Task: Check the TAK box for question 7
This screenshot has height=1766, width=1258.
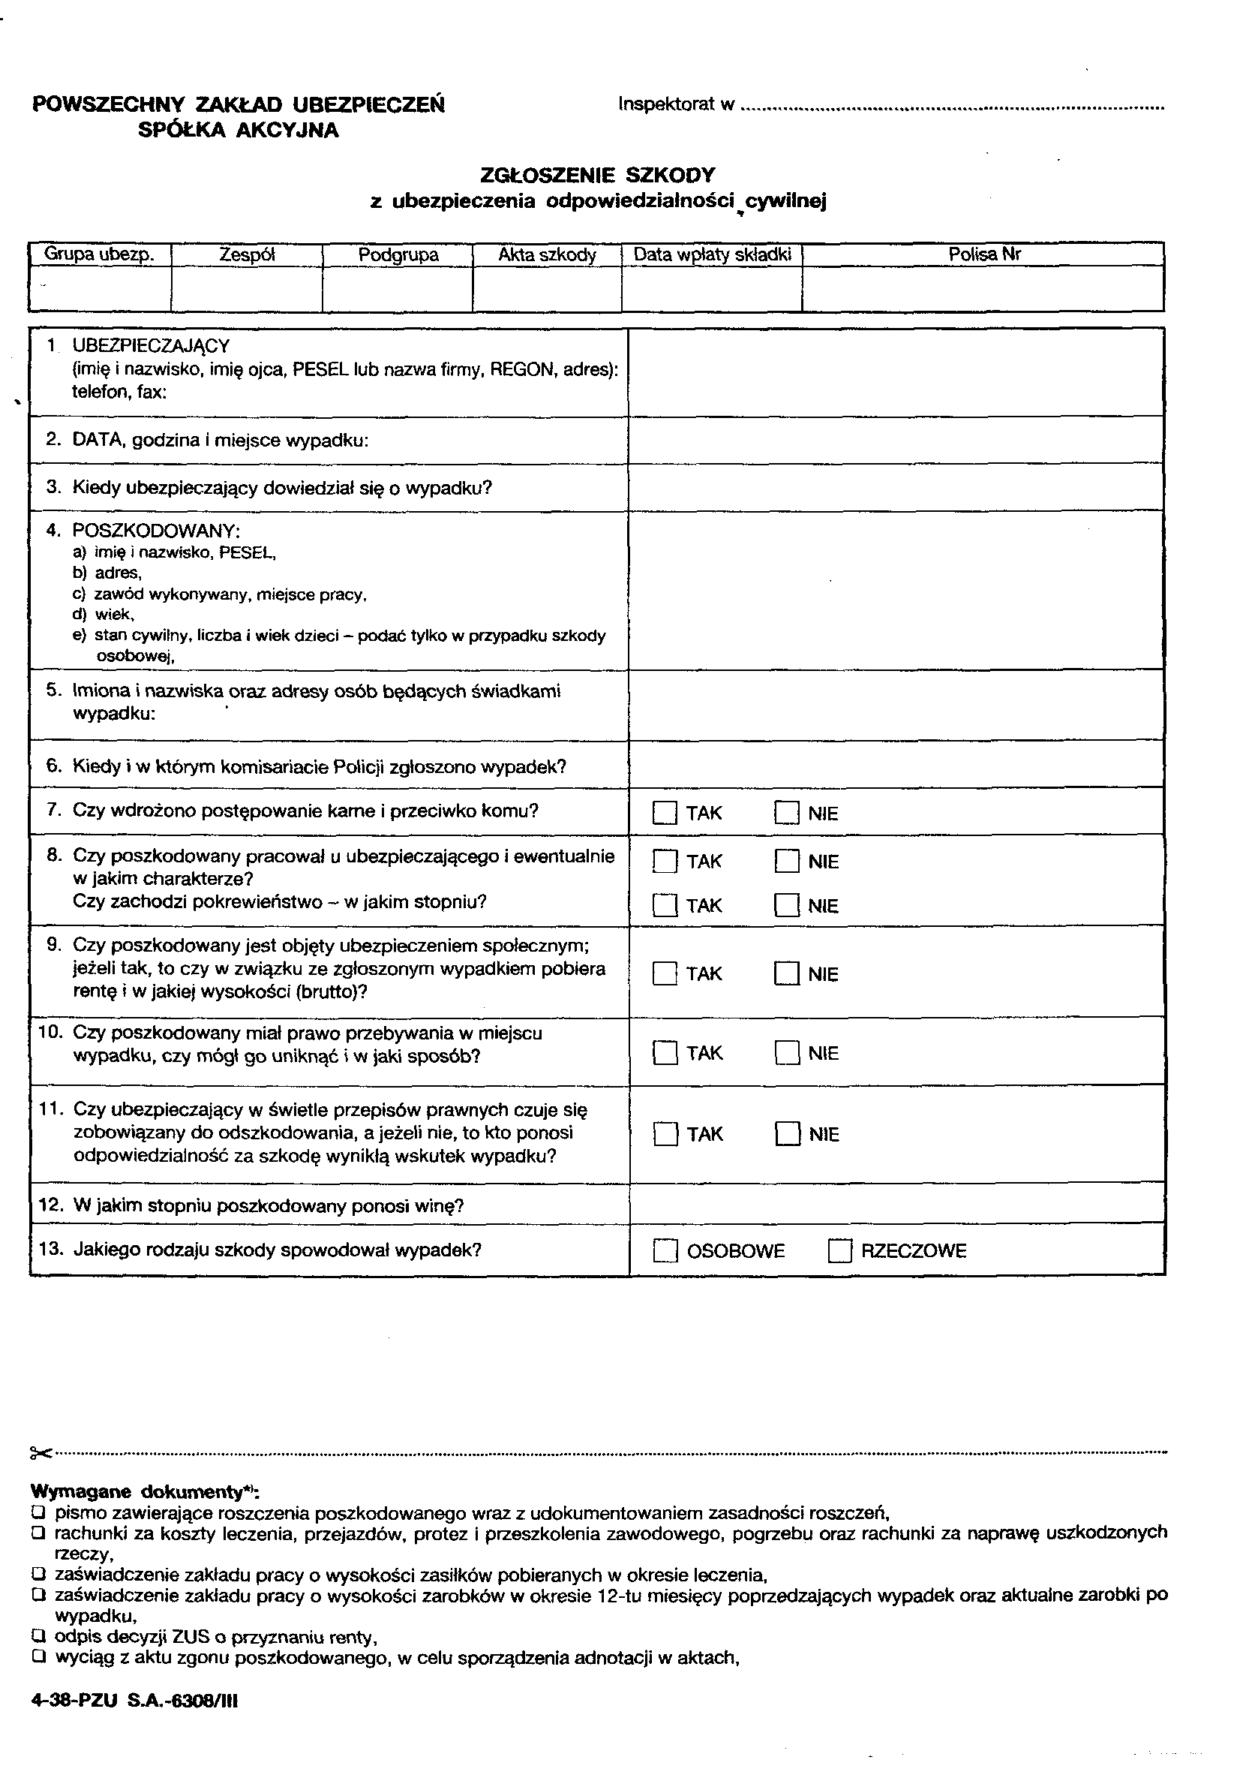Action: [665, 813]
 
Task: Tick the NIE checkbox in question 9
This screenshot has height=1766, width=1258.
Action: [786, 973]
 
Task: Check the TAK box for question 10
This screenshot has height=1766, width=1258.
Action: [665, 1053]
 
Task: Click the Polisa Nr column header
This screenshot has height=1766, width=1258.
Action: [983, 254]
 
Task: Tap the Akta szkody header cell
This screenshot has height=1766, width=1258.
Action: [547, 255]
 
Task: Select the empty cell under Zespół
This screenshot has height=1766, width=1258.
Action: [246, 288]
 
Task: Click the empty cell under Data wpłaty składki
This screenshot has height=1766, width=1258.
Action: [711, 288]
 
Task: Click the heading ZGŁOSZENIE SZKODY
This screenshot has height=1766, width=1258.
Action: [597, 175]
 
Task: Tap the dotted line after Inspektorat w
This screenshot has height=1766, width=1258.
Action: [953, 108]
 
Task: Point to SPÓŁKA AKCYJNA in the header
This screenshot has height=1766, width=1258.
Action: [239, 130]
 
